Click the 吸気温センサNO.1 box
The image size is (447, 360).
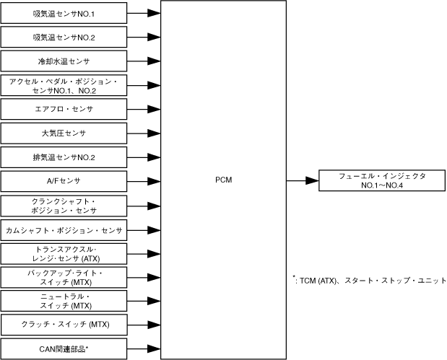pyautogui.click(x=64, y=13)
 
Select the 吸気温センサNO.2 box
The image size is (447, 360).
pyautogui.click(x=64, y=37)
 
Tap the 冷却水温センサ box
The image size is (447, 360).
pyautogui.click(x=64, y=61)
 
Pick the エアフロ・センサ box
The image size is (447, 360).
pyautogui.click(x=64, y=109)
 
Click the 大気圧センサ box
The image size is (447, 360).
pyautogui.click(x=64, y=133)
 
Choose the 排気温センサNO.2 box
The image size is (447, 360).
pyautogui.click(x=64, y=157)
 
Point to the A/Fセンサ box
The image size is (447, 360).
pyautogui.click(x=64, y=181)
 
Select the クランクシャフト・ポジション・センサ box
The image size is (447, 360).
pyautogui.click(x=64, y=205)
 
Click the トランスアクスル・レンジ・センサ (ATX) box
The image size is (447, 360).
pyautogui.click(x=64, y=253)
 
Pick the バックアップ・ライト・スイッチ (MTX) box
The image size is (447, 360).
pyautogui.click(x=64, y=277)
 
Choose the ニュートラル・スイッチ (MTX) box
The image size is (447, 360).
pyautogui.click(x=64, y=301)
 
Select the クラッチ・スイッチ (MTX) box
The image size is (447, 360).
pyautogui.click(x=64, y=325)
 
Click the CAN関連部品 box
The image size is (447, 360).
pyautogui.click(x=64, y=348)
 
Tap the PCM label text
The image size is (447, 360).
pyautogui.click(x=223, y=181)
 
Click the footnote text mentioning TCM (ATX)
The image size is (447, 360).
pyautogui.click(x=369, y=281)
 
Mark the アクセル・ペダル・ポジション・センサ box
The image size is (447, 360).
pyautogui.click(x=64, y=85)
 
